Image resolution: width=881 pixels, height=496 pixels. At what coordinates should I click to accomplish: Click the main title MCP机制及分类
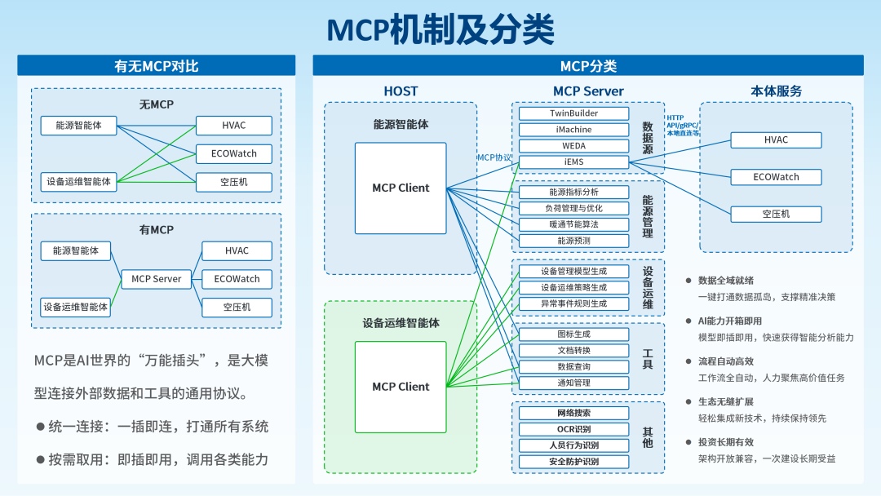coord(440,29)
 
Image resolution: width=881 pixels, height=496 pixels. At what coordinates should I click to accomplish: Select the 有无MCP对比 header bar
coord(157,66)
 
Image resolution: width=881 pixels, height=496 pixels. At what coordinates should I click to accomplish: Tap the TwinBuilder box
coord(573,113)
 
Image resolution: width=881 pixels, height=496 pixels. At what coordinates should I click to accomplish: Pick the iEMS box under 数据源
coord(573,162)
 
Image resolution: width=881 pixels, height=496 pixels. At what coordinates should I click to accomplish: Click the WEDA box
coord(573,146)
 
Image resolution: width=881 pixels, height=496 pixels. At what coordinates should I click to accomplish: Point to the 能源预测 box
coord(573,241)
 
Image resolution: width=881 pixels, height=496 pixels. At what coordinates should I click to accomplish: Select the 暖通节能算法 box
coord(573,224)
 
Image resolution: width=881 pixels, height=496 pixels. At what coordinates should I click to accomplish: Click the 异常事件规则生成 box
coord(573,303)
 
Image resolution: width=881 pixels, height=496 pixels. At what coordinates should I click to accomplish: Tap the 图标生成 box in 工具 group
coord(573,334)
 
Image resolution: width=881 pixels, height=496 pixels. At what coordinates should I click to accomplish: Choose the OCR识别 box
coord(573,429)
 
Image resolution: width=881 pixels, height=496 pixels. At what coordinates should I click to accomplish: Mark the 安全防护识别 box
coord(573,462)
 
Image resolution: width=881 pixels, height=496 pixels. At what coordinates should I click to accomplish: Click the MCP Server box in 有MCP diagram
coord(157,279)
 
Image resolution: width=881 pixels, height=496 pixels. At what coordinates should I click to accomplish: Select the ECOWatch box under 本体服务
coord(776,177)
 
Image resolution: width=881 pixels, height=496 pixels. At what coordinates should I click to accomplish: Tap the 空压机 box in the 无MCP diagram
coord(233,182)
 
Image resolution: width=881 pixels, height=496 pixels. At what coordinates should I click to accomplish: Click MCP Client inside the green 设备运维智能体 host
coord(401,387)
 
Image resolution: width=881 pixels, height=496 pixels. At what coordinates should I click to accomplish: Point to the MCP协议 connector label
coord(494,157)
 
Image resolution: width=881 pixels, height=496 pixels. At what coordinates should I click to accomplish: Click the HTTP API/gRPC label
coord(682,125)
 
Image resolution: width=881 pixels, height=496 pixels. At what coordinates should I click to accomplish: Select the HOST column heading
coord(401,91)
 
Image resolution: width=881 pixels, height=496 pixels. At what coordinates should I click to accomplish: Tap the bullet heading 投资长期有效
coord(725,442)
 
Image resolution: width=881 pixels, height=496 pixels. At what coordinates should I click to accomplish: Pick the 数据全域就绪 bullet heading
coord(725,281)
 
